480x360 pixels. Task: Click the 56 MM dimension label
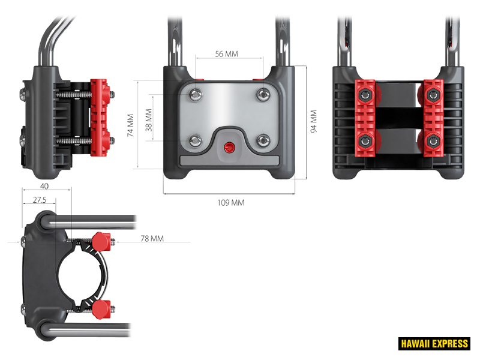click(x=227, y=54)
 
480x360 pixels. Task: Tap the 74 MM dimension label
click(x=131, y=125)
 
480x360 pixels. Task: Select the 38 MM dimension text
click(x=149, y=119)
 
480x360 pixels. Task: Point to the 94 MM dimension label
click(x=313, y=121)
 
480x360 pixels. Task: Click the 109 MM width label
click(x=230, y=203)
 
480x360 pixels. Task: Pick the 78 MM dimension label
click(x=152, y=239)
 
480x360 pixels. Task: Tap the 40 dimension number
click(x=45, y=187)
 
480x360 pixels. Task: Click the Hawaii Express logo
click(x=434, y=344)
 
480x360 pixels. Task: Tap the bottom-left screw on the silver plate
click(x=196, y=141)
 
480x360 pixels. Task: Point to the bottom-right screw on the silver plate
click(x=263, y=141)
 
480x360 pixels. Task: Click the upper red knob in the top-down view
click(x=103, y=242)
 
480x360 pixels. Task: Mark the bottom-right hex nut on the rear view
click(x=432, y=142)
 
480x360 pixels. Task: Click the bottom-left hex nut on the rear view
click(x=364, y=142)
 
